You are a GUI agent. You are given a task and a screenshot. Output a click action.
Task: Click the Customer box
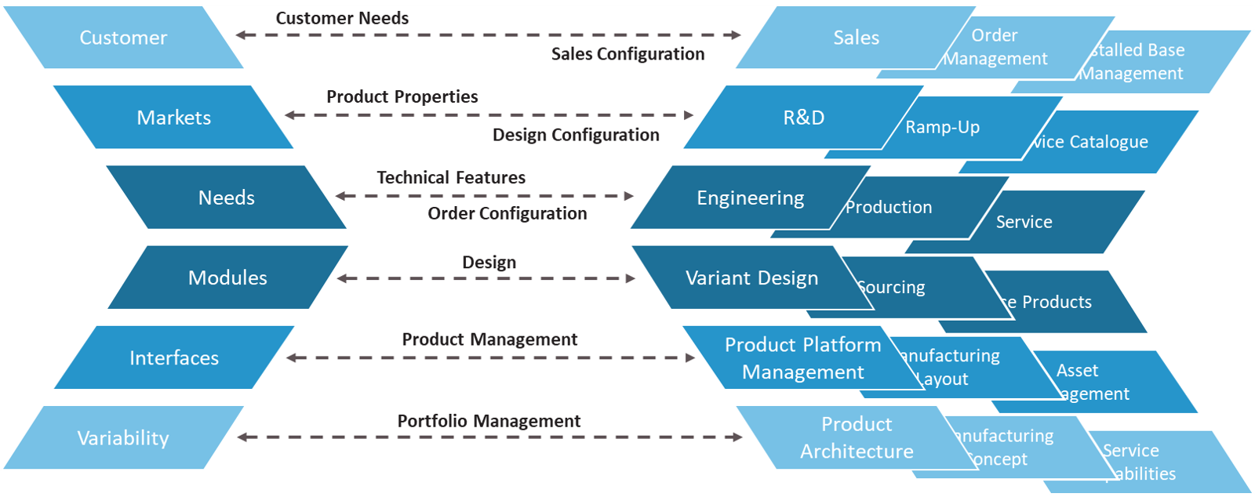tap(123, 38)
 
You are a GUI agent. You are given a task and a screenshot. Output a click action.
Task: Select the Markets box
tap(173, 118)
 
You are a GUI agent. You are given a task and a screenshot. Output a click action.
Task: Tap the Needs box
tap(226, 198)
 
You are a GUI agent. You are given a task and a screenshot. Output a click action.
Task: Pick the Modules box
tap(227, 278)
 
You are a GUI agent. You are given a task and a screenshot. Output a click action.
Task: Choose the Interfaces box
tap(173, 358)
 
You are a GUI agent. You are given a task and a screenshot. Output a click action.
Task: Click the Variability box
tap(123, 438)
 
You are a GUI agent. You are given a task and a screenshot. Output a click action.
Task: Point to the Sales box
tap(856, 38)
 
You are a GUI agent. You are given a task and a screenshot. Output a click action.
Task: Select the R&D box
tap(803, 118)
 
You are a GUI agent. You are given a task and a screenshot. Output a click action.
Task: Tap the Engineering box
tap(750, 198)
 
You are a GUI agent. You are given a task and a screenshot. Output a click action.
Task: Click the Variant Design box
tap(751, 278)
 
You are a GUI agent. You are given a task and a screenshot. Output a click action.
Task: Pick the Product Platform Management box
tap(802, 358)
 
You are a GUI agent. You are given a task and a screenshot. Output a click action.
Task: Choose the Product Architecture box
tap(856, 437)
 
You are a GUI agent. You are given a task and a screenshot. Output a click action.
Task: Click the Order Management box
tap(995, 47)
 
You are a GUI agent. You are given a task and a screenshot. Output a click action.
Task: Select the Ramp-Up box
tap(942, 127)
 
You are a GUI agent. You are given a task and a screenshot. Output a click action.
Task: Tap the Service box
tap(1024, 222)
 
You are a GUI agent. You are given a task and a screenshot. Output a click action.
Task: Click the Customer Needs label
tap(342, 18)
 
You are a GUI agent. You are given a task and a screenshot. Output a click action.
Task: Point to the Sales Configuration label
tap(627, 54)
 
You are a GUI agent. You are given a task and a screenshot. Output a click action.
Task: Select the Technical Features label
tap(451, 178)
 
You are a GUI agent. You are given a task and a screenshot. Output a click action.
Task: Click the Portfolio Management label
tap(489, 421)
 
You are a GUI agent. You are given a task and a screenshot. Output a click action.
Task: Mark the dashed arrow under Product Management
tap(490, 358)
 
